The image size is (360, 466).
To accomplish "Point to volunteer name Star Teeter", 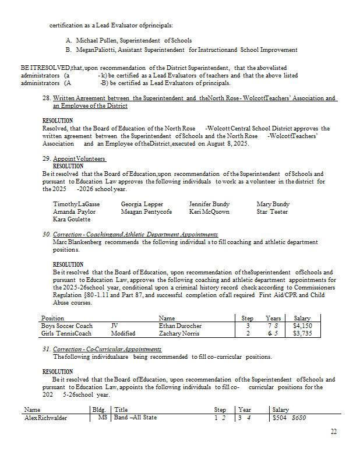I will (272, 212).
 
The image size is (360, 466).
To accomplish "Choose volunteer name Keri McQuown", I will (209, 212).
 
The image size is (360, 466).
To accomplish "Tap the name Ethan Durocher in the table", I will (180, 326).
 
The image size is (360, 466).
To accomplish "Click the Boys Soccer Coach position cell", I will (67, 326).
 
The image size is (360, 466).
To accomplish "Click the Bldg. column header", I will (100, 410).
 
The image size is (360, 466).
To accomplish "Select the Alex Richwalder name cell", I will (46, 418).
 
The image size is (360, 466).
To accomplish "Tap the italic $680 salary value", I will (298, 418).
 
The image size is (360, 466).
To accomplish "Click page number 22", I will (333, 432).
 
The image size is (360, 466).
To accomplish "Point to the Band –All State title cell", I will (135, 418).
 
